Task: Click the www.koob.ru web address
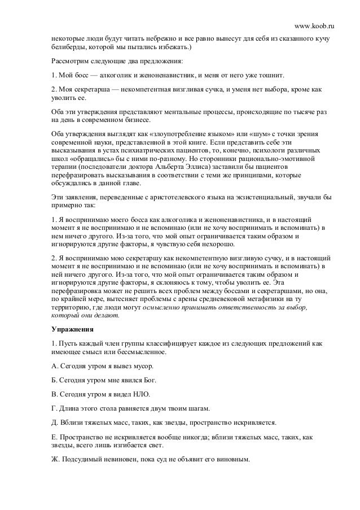(314, 11)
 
